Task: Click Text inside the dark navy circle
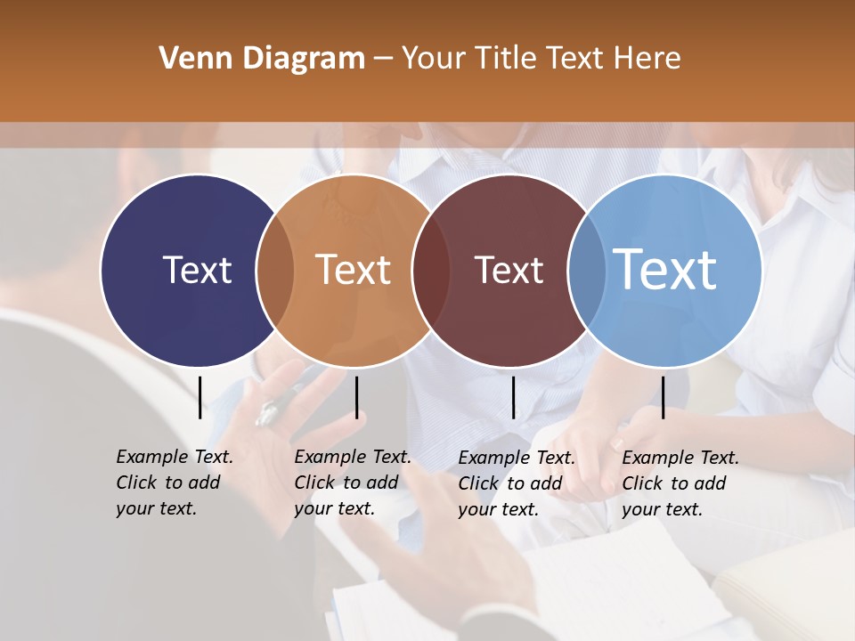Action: [x=197, y=270]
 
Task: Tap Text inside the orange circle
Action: [x=354, y=270]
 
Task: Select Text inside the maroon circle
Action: [x=509, y=270]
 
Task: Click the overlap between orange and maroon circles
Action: [x=430, y=271]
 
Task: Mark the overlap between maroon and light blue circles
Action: [x=585, y=271]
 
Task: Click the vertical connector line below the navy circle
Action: [x=199, y=397]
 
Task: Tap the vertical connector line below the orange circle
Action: [x=356, y=397]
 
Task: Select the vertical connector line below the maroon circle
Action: [x=513, y=397]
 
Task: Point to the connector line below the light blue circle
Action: [x=663, y=397]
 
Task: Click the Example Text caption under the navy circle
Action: [x=174, y=483]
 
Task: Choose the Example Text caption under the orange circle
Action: [x=352, y=483]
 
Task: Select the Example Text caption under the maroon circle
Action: [x=516, y=483]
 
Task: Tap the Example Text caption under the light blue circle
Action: [x=680, y=483]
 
